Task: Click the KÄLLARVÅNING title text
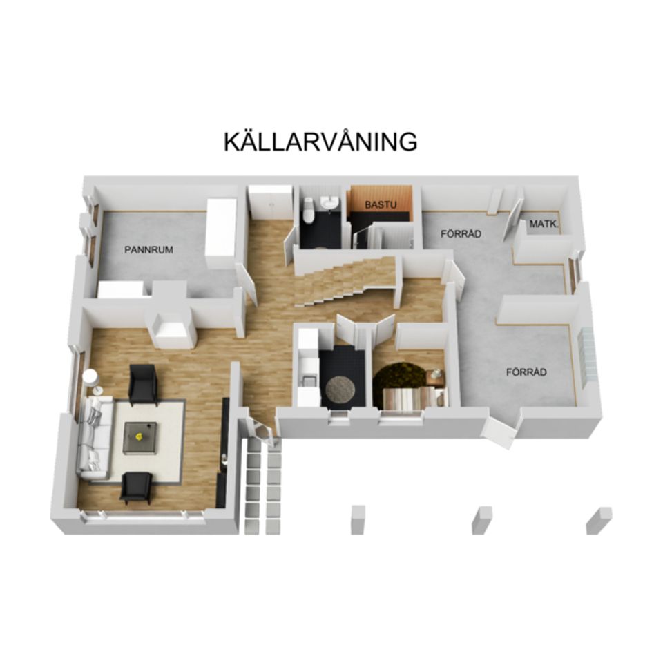320,141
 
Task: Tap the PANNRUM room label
148,250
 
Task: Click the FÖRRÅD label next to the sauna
461,234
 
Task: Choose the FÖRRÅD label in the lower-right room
526,372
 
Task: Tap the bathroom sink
331,202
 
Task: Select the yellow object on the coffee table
140,436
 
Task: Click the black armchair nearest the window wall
135,488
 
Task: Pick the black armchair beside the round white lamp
143,383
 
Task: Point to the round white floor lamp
90,377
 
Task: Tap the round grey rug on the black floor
340,389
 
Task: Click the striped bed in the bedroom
410,398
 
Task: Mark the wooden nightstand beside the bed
436,377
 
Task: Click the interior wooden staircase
345,280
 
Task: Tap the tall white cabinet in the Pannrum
222,233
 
